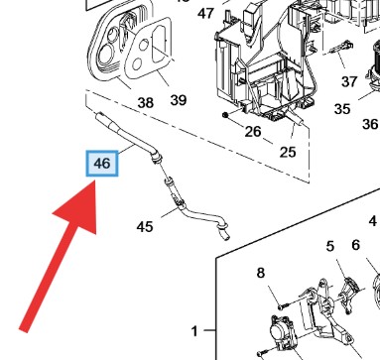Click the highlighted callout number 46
(x=102, y=164)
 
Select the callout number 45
(x=145, y=227)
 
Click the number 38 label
(x=146, y=103)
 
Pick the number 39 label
(x=179, y=100)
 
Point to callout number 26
(x=253, y=132)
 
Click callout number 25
(x=288, y=152)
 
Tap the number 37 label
(x=349, y=81)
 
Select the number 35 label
(x=342, y=109)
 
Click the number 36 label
(x=370, y=124)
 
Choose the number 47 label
(x=205, y=14)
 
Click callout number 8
(x=261, y=273)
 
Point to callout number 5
(x=330, y=246)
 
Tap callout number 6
(x=355, y=245)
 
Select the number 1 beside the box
(x=194, y=331)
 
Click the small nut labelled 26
(x=225, y=115)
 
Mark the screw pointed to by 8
(x=283, y=305)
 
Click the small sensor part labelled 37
(x=341, y=47)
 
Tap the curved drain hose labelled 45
(x=198, y=215)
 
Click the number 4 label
(x=373, y=221)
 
